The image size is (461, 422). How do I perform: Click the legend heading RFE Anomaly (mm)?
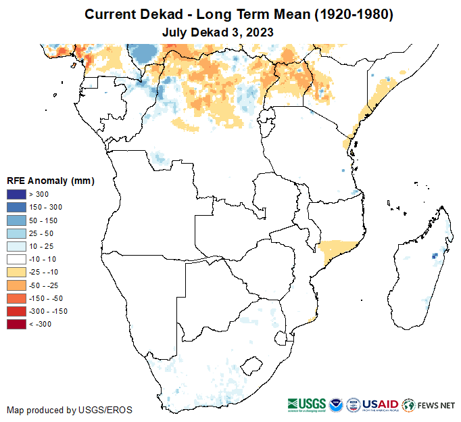50,181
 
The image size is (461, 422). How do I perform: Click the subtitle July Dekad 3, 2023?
218,31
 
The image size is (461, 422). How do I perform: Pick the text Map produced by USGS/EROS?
70,410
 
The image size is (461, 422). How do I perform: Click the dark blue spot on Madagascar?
434,256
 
